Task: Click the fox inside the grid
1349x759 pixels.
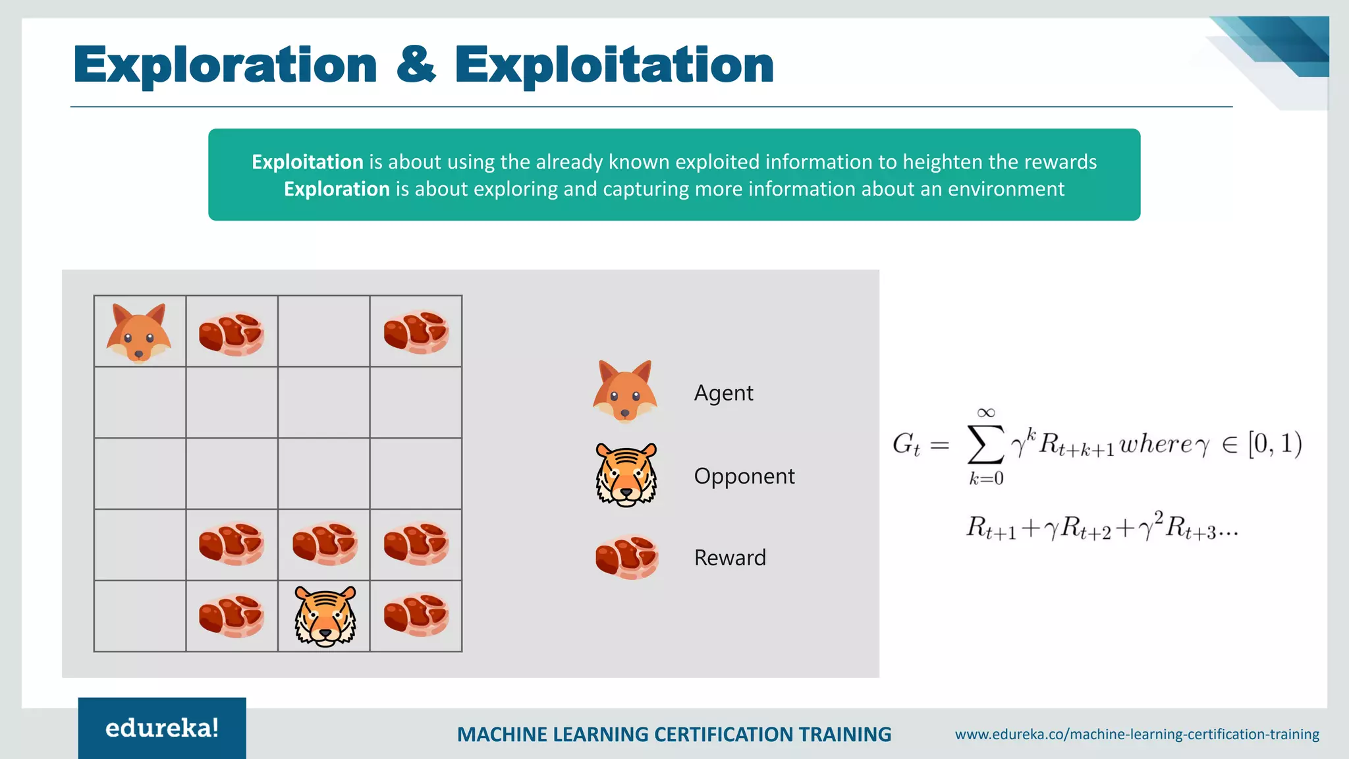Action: (x=139, y=333)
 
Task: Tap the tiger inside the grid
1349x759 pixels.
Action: (x=325, y=616)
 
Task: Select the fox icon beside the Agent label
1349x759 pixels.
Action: (x=625, y=391)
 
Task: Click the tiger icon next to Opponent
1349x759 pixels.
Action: (x=626, y=474)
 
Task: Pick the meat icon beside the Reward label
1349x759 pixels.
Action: (x=626, y=557)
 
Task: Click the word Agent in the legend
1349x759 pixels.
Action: (x=723, y=393)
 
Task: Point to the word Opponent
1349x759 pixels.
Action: (x=744, y=476)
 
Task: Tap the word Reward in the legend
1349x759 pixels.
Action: (x=730, y=558)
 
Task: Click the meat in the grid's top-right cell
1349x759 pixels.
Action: (x=416, y=332)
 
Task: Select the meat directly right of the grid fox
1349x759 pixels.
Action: (x=231, y=333)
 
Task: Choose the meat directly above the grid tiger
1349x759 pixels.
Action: (x=325, y=544)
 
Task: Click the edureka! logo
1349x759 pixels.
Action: (x=162, y=728)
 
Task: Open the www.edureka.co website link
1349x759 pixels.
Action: (x=1137, y=734)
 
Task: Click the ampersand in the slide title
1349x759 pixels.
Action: (x=416, y=65)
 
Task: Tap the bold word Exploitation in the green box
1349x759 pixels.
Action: (x=308, y=162)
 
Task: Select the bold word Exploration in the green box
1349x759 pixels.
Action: (x=337, y=189)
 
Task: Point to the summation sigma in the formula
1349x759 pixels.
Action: (x=985, y=445)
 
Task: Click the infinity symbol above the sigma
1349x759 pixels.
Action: (x=985, y=413)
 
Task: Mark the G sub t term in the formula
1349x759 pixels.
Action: (x=906, y=445)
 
